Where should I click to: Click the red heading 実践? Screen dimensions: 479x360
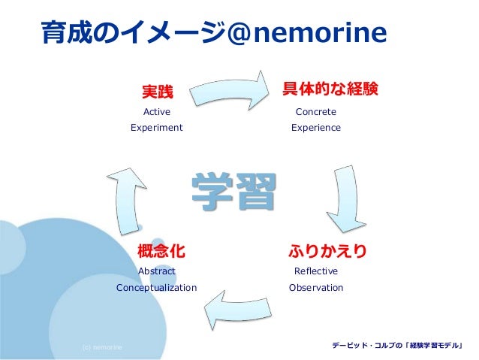pos(158,92)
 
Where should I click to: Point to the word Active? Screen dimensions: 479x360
pos(157,112)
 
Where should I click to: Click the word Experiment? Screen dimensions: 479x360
pos(157,128)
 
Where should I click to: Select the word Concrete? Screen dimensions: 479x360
pos(316,112)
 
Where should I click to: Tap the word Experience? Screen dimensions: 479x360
pos(316,128)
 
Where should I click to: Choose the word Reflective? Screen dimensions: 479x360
pos(316,271)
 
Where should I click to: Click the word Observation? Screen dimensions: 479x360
pos(316,288)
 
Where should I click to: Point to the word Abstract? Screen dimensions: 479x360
pos(157,271)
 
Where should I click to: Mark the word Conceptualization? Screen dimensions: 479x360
pos(157,288)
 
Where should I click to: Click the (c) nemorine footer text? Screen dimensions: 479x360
pos(102,347)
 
